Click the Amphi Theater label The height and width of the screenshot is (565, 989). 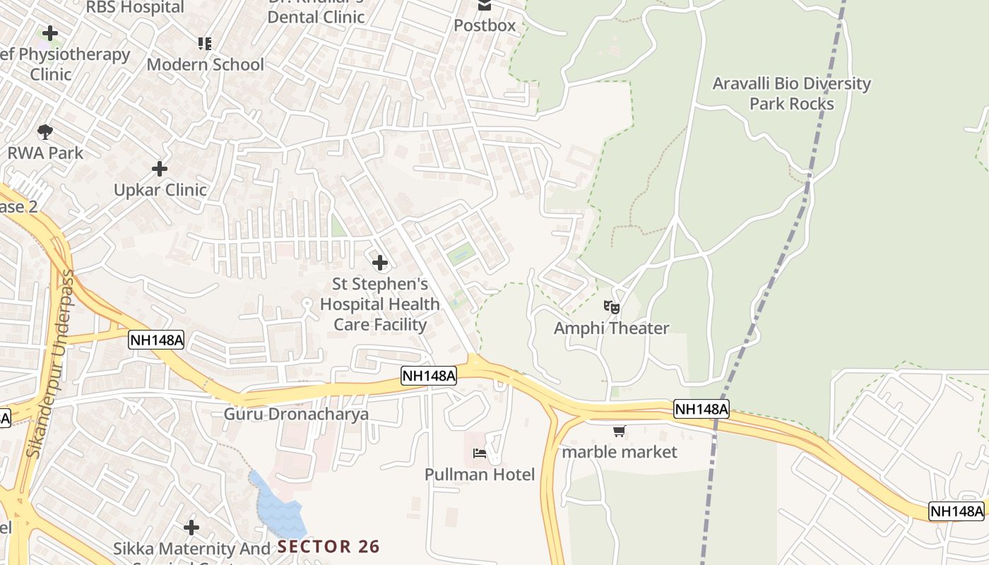(611, 328)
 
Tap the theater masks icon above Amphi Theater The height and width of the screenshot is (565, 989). (611, 307)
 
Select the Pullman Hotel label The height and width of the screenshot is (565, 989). (480, 475)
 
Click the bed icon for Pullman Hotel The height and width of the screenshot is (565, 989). (480, 453)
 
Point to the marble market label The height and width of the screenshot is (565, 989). (620, 452)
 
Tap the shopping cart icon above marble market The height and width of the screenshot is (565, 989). (620, 431)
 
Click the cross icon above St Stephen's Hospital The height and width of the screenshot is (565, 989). (380, 263)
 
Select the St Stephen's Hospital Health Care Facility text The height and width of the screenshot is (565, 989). (380, 304)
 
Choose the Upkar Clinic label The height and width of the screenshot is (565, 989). (160, 190)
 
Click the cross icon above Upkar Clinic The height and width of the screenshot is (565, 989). (160, 169)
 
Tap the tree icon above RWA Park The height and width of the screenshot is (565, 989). (45, 131)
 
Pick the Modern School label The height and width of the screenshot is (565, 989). (205, 65)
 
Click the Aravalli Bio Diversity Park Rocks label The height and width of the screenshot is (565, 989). (791, 93)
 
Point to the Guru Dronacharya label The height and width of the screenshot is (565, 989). (296, 414)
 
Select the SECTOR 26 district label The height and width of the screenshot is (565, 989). (328, 547)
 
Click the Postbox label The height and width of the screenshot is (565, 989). (485, 25)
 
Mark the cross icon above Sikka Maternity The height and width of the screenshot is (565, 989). (191, 528)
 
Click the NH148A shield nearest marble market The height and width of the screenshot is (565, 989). (701, 409)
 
